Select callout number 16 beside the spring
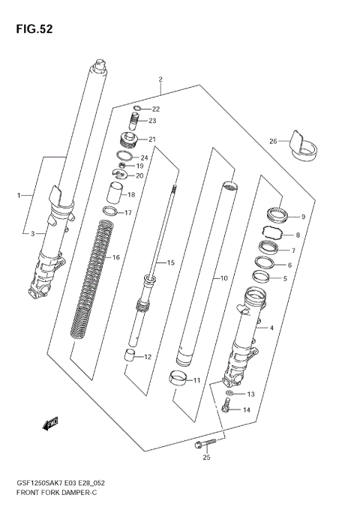[115, 257]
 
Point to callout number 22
[156, 109]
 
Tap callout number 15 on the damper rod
[170, 262]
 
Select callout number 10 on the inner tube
[223, 279]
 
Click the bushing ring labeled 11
[178, 378]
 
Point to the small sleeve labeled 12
[130, 355]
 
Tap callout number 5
[283, 278]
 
